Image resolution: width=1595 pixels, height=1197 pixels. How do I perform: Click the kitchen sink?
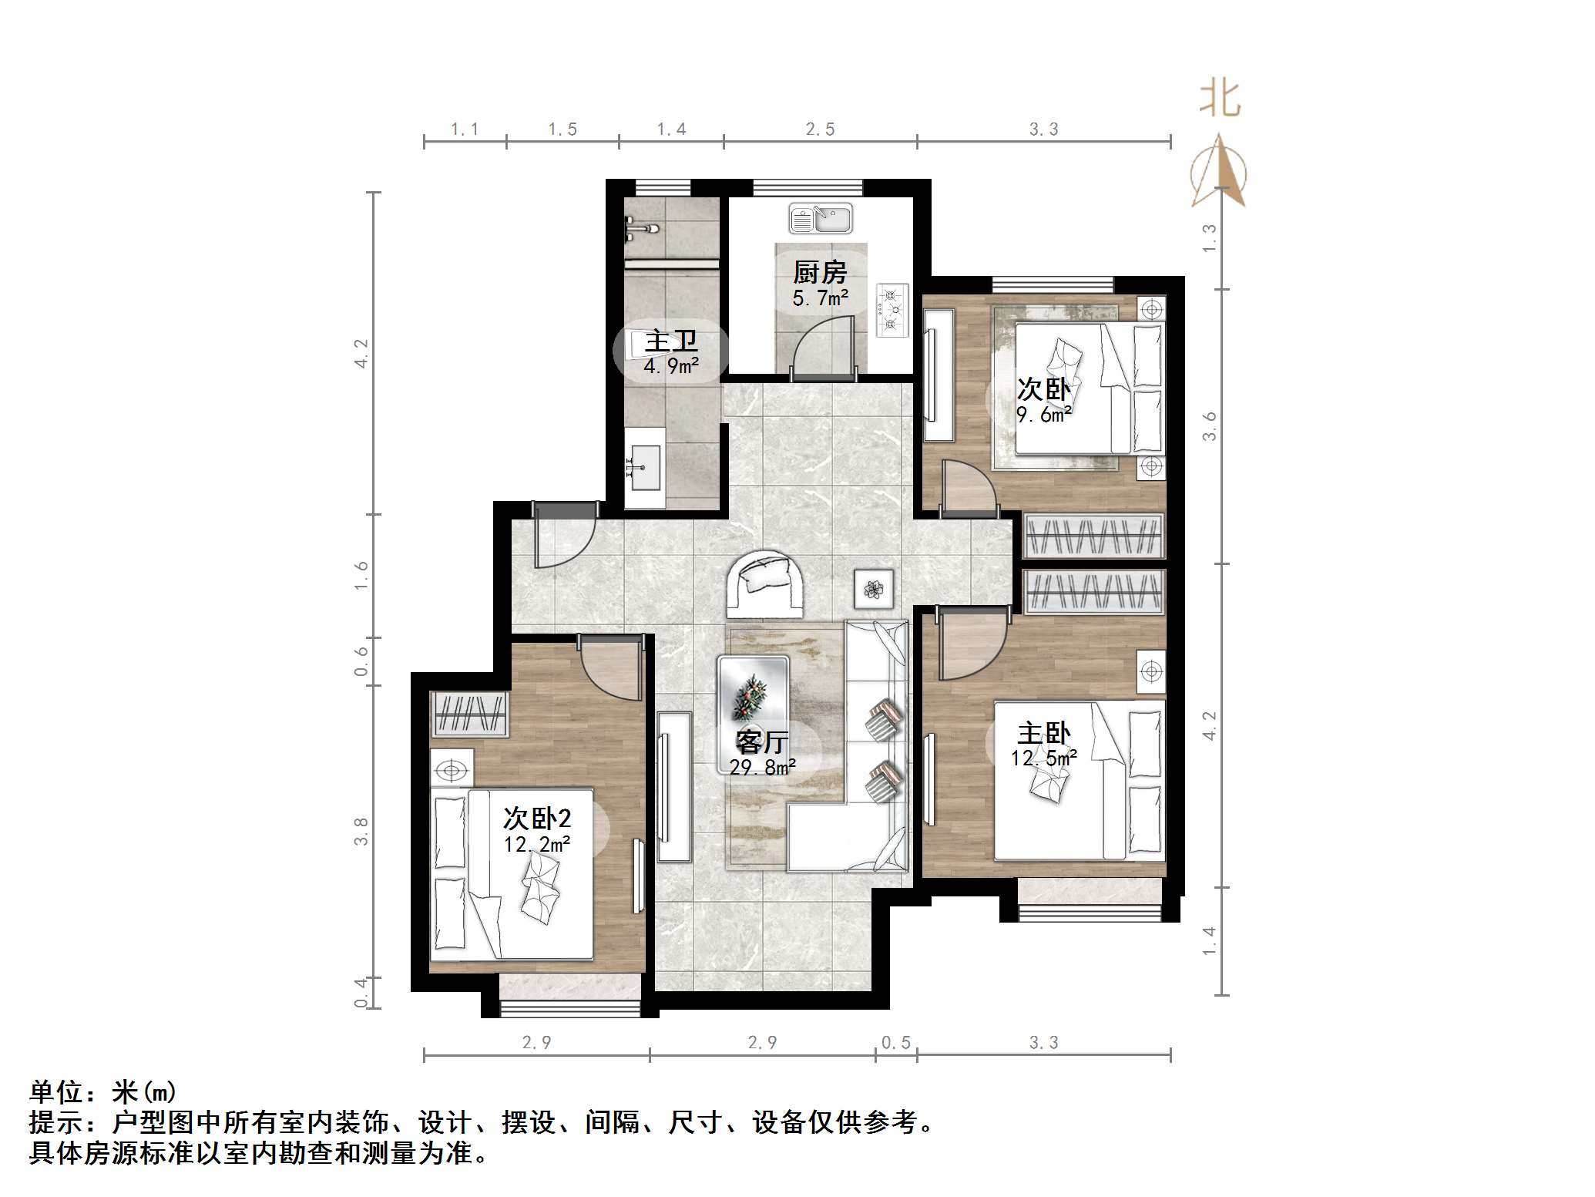pyautogui.click(x=820, y=218)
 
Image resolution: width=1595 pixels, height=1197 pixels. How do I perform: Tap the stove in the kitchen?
pyautogui.click(x=892, y=311)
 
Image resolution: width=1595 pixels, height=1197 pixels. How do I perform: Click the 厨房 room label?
pyautogui.click(x=820, y=272)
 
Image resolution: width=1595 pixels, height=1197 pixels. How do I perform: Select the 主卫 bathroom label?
pyautogui.click(x=670, y=341)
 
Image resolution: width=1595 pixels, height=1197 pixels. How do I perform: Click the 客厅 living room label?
pyautogui.click(x=761, y=741)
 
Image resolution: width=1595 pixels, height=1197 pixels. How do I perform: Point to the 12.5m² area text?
pyautogui.click(x=1043, y=758)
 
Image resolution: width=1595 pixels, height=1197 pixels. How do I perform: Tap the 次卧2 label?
pyautogui.click(x=537, y=818)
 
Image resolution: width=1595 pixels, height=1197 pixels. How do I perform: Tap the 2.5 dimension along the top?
pyautogui.click(x=820, y=129)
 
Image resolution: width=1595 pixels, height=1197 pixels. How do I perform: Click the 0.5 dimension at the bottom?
pyautogui.click(x=895, y=1043)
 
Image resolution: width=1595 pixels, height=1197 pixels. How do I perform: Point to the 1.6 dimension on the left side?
pyautogui.click(x=361, y=575)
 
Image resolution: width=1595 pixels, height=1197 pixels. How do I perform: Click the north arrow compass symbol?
pyautogui.click(x=1218, y=173)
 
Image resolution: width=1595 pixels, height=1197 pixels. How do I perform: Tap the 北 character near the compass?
pyautogui.click(x=1220, y=99)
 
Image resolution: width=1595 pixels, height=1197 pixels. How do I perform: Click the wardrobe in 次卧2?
pyautogui.click(x=469, y=714)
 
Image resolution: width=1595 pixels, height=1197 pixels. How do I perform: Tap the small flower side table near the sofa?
pyautogui.click(x=874, y=590)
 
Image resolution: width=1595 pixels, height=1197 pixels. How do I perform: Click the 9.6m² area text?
pyautogui.click(x=1043, y=415)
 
